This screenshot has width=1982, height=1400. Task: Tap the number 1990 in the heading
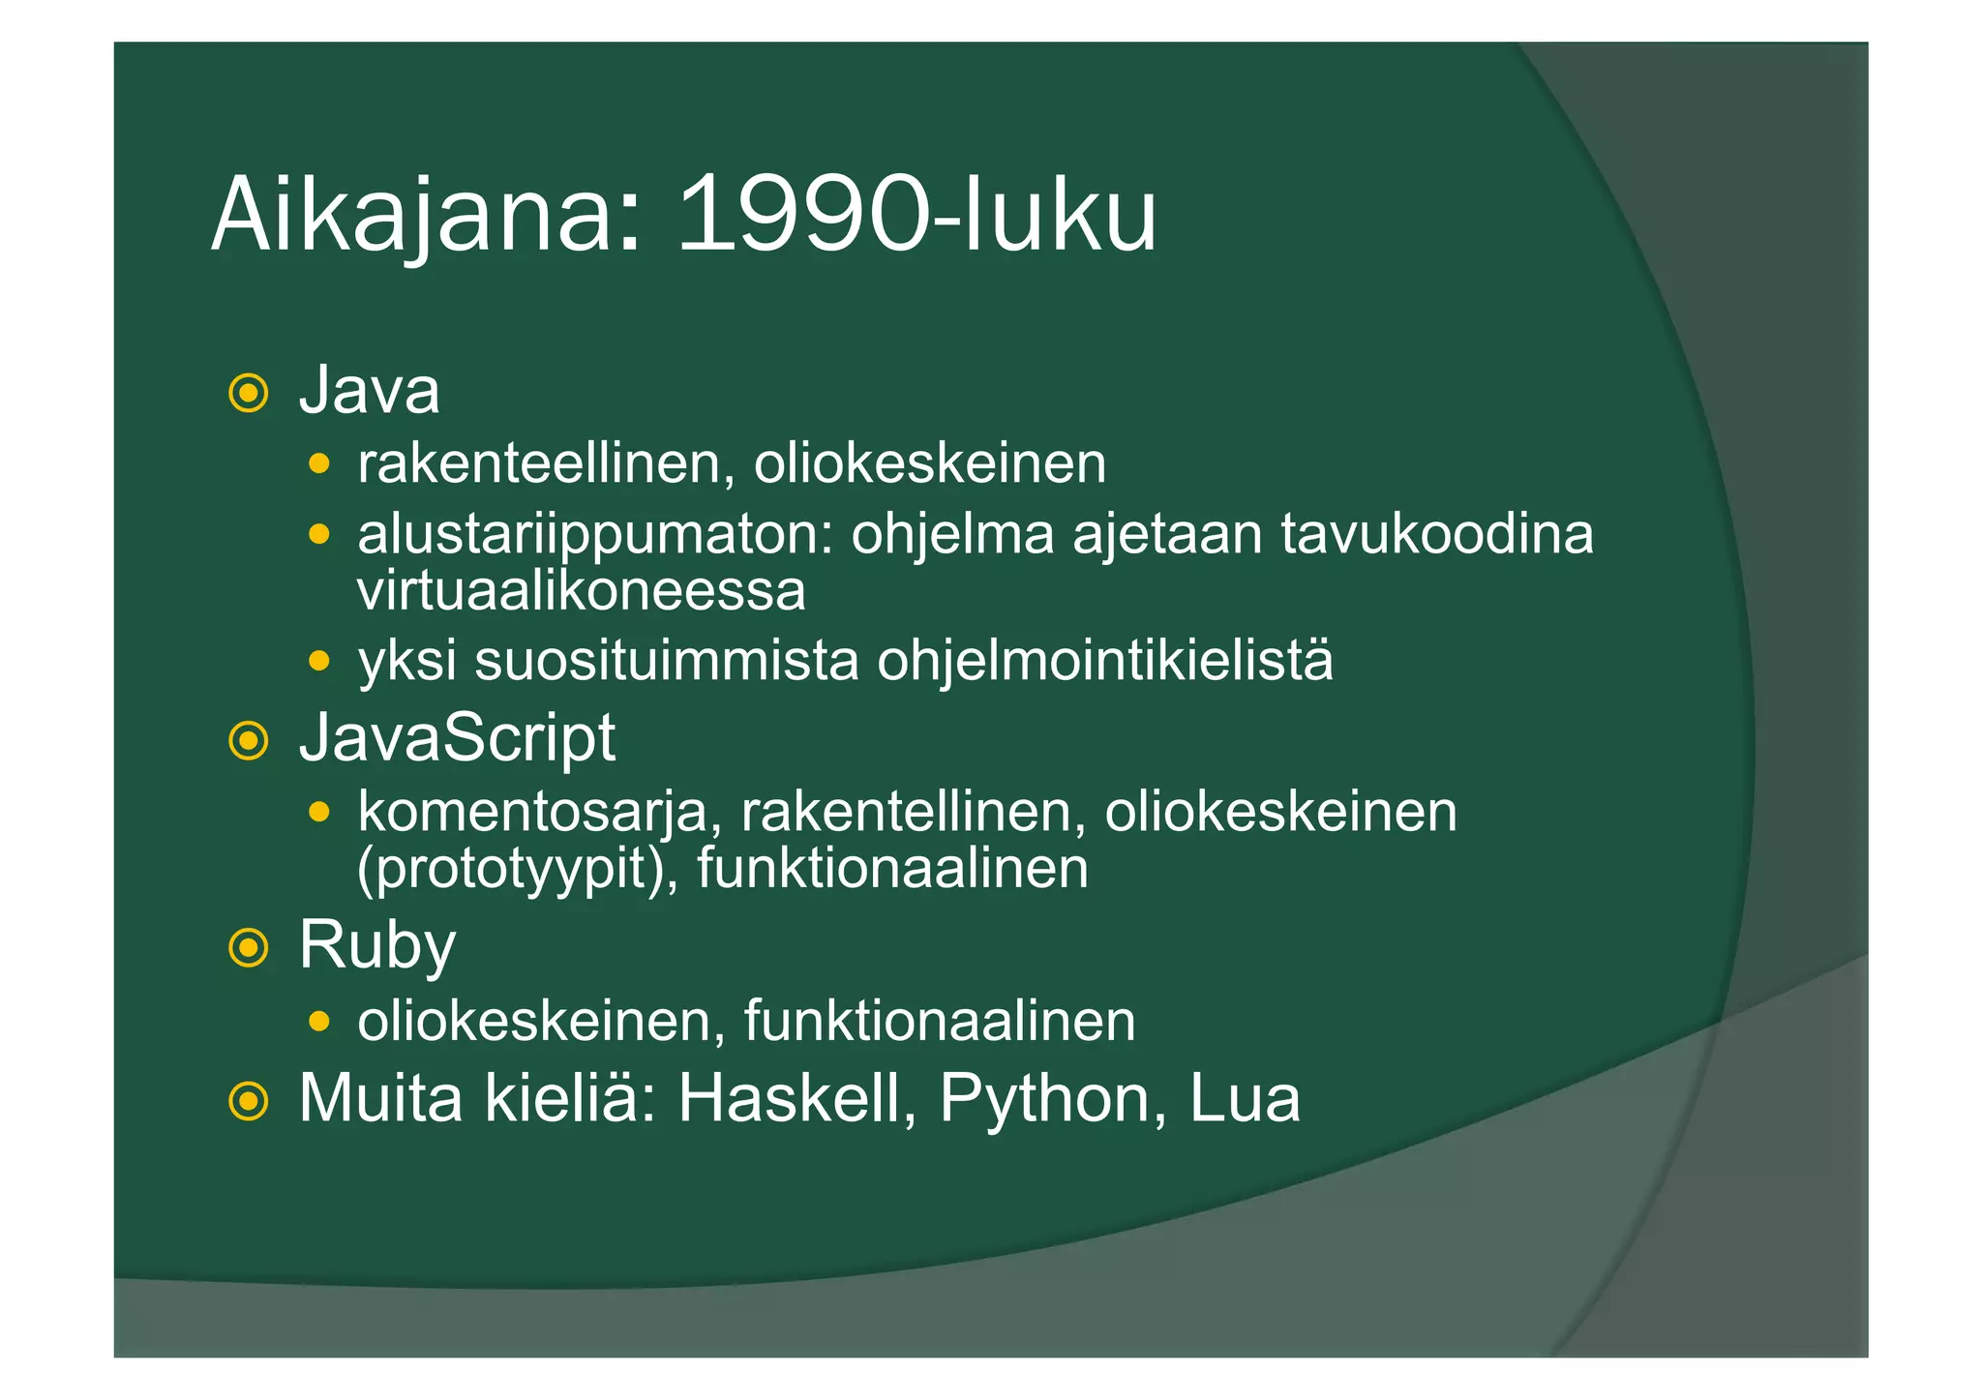tap(810, 215)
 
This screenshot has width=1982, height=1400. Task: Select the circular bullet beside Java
tap(249, 394)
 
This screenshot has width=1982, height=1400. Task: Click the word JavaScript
tap(457, 739)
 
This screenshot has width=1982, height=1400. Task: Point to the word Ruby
tap(376, 945)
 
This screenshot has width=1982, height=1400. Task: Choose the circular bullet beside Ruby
tap(249, 948)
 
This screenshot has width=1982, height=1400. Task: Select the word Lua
tap(1245, 1099)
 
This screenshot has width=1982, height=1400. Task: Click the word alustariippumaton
tap(595, 536)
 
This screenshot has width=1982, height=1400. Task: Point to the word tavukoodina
tap(1436, 534)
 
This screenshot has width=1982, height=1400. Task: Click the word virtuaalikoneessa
tap(581, 591)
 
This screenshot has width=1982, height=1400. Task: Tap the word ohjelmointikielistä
tap(1104, 662)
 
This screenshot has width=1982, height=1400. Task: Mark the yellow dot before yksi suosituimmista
tap(318, 662)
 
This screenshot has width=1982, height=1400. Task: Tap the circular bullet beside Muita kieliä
tap(249, 1101)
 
